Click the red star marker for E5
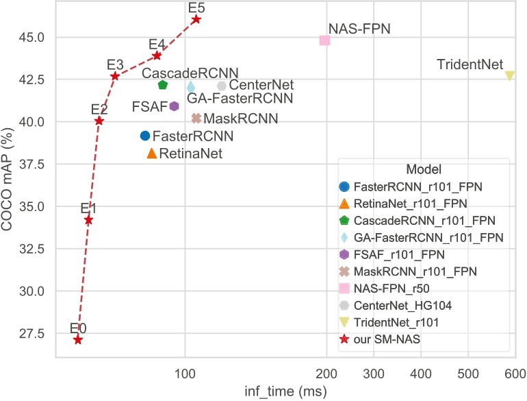coord(196,19)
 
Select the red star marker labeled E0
coord(78,339)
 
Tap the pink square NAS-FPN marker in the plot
coord(324,40)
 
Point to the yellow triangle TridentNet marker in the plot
coord(509,75)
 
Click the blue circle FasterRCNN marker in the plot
coord(145,136)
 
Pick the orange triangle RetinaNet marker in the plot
coord(152,153)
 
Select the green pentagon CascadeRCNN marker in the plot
coord(163,85)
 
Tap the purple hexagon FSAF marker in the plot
coord(175,106)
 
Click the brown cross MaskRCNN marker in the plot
coord(196,118)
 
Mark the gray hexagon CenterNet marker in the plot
coord(222,86)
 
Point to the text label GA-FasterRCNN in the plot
coord(235,99)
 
